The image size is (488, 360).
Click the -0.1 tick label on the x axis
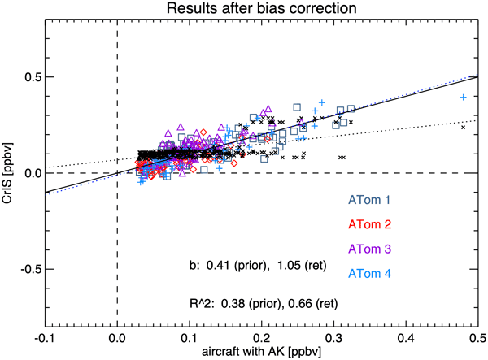pos(46,335)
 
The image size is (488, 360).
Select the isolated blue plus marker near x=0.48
pos(463,97)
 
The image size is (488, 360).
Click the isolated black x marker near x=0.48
pos(463,127)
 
